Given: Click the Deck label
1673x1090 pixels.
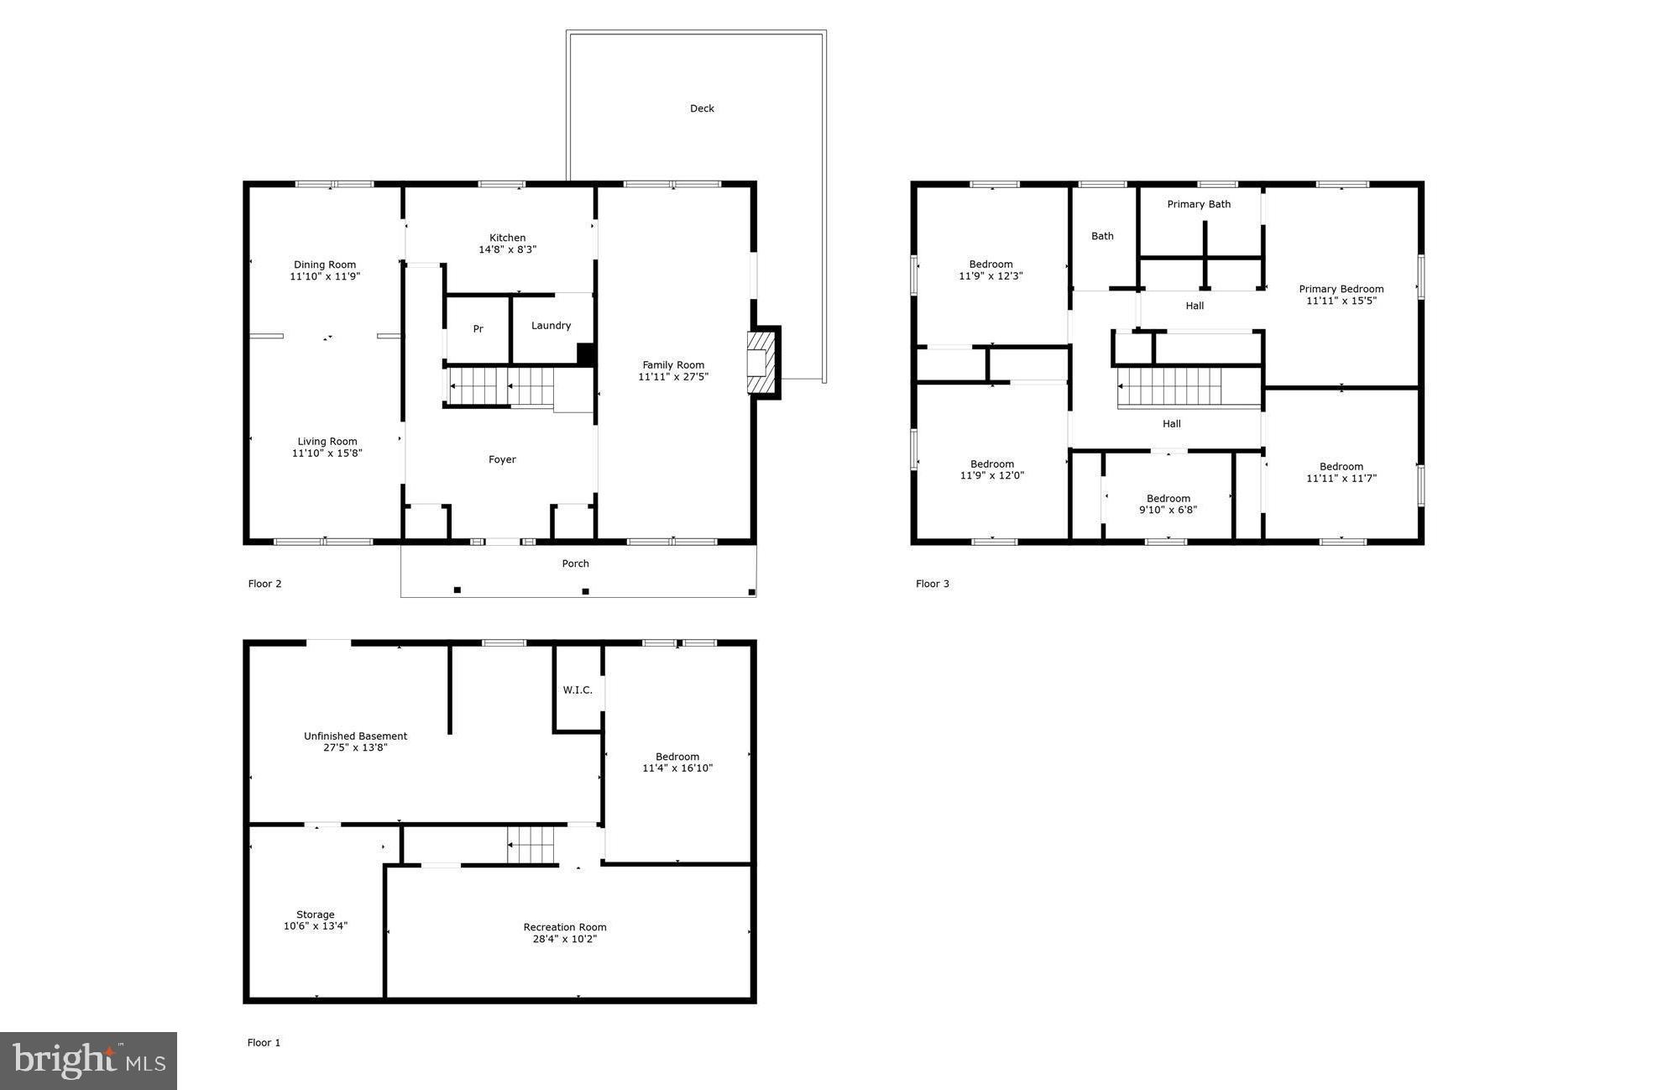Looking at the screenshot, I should click(x=702, y=108).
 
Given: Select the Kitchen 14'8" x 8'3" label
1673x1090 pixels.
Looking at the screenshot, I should click(x=507, y=244).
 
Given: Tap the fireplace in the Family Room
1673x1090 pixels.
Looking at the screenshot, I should click(x=761, y=363).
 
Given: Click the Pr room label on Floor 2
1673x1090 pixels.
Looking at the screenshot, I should click(x=478, y=329).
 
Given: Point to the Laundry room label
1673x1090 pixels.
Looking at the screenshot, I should click(x=551, y=326).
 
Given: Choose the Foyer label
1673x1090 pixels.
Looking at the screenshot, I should click(x=502, y=459).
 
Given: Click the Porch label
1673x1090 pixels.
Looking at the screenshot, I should click(x=575, y=563).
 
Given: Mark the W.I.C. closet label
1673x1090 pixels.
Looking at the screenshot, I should click(x=578, y=690).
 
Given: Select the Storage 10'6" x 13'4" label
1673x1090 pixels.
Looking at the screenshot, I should click(x=315, y=920).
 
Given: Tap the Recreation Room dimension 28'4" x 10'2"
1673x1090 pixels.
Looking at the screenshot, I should click(x=564, y=939).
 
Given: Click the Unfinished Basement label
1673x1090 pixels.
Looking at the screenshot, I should click(x=355, y=736).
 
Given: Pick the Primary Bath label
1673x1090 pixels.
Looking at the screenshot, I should click(x=1198, y=204).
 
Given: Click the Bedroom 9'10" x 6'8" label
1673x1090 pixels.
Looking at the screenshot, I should click(x=1168, y=504).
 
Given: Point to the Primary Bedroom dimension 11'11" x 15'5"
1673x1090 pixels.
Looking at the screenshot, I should click(x=1341, y=301).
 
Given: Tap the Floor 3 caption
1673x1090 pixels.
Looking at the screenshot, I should click(x=932, y=584).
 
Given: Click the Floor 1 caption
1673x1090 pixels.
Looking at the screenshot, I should click(x=264, y=1042).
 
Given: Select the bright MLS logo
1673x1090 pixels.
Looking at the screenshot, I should click(x=88, y=1061).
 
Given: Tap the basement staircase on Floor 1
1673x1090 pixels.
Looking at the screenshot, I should click(x=531, y=844).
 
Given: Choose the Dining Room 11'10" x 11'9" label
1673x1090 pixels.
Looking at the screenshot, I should click(x=325, y=270).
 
